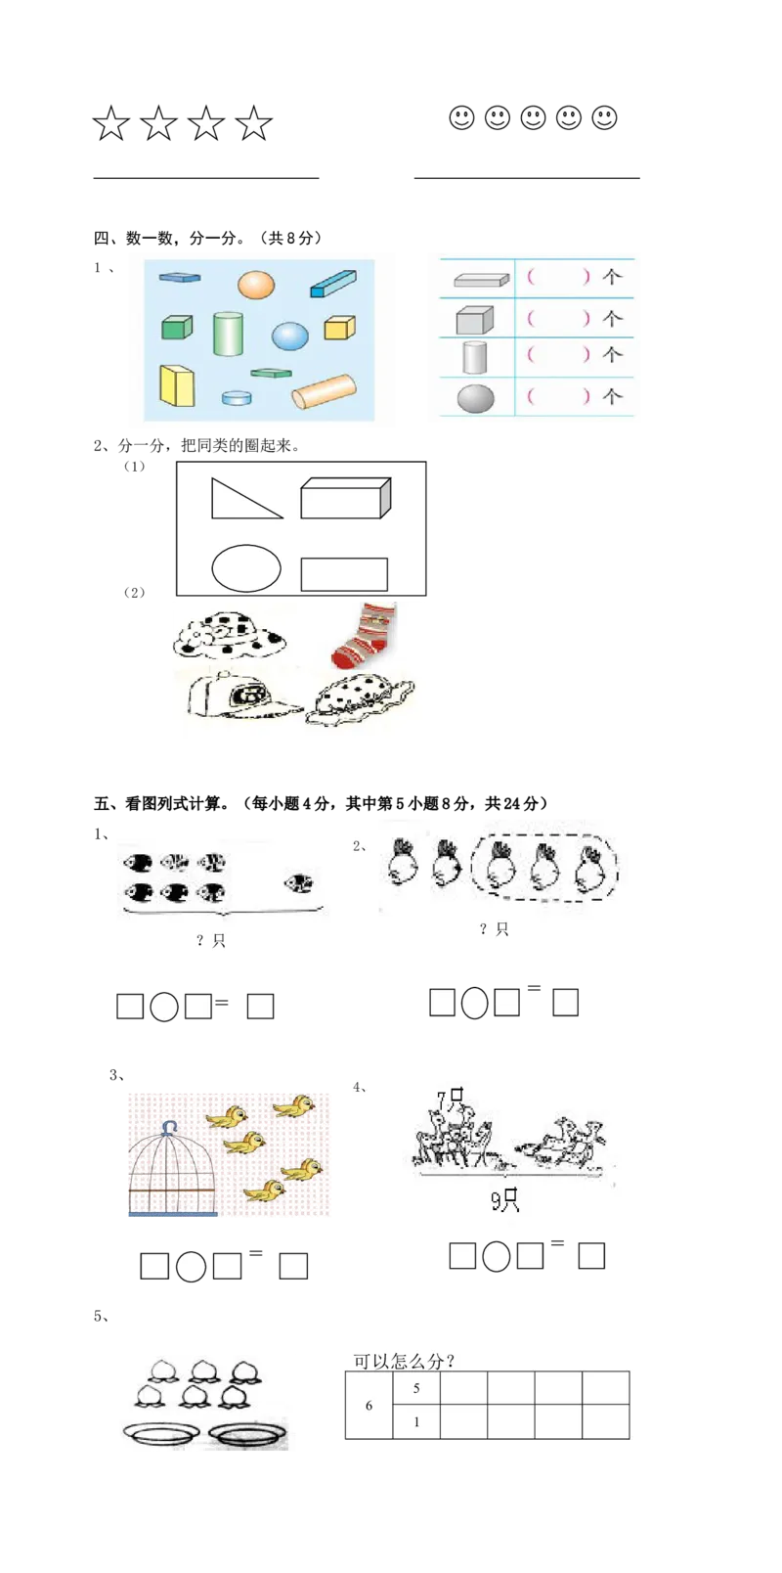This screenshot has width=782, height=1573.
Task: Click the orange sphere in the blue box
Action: point(255,285)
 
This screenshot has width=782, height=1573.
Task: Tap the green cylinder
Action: point(228,334)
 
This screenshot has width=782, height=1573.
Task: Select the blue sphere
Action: point(290,336)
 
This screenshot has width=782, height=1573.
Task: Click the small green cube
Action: point(177,328)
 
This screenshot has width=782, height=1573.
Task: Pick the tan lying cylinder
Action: point(324,391)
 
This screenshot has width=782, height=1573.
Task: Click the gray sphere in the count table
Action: point(476,398)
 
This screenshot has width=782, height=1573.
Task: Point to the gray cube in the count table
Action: point(474,320)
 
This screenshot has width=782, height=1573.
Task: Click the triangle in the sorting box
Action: point(245,499)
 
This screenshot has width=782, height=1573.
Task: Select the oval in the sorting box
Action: point(246,568)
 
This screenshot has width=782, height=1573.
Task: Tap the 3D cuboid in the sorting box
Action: point(345,498)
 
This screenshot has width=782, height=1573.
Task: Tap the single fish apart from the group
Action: point(299,882)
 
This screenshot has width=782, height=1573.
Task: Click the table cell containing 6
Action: point(369,1405)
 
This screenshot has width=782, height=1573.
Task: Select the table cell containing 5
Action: point(416,1388)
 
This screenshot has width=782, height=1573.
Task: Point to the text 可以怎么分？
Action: point(404,1361)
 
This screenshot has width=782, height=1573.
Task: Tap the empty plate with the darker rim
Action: point(248,1434)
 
